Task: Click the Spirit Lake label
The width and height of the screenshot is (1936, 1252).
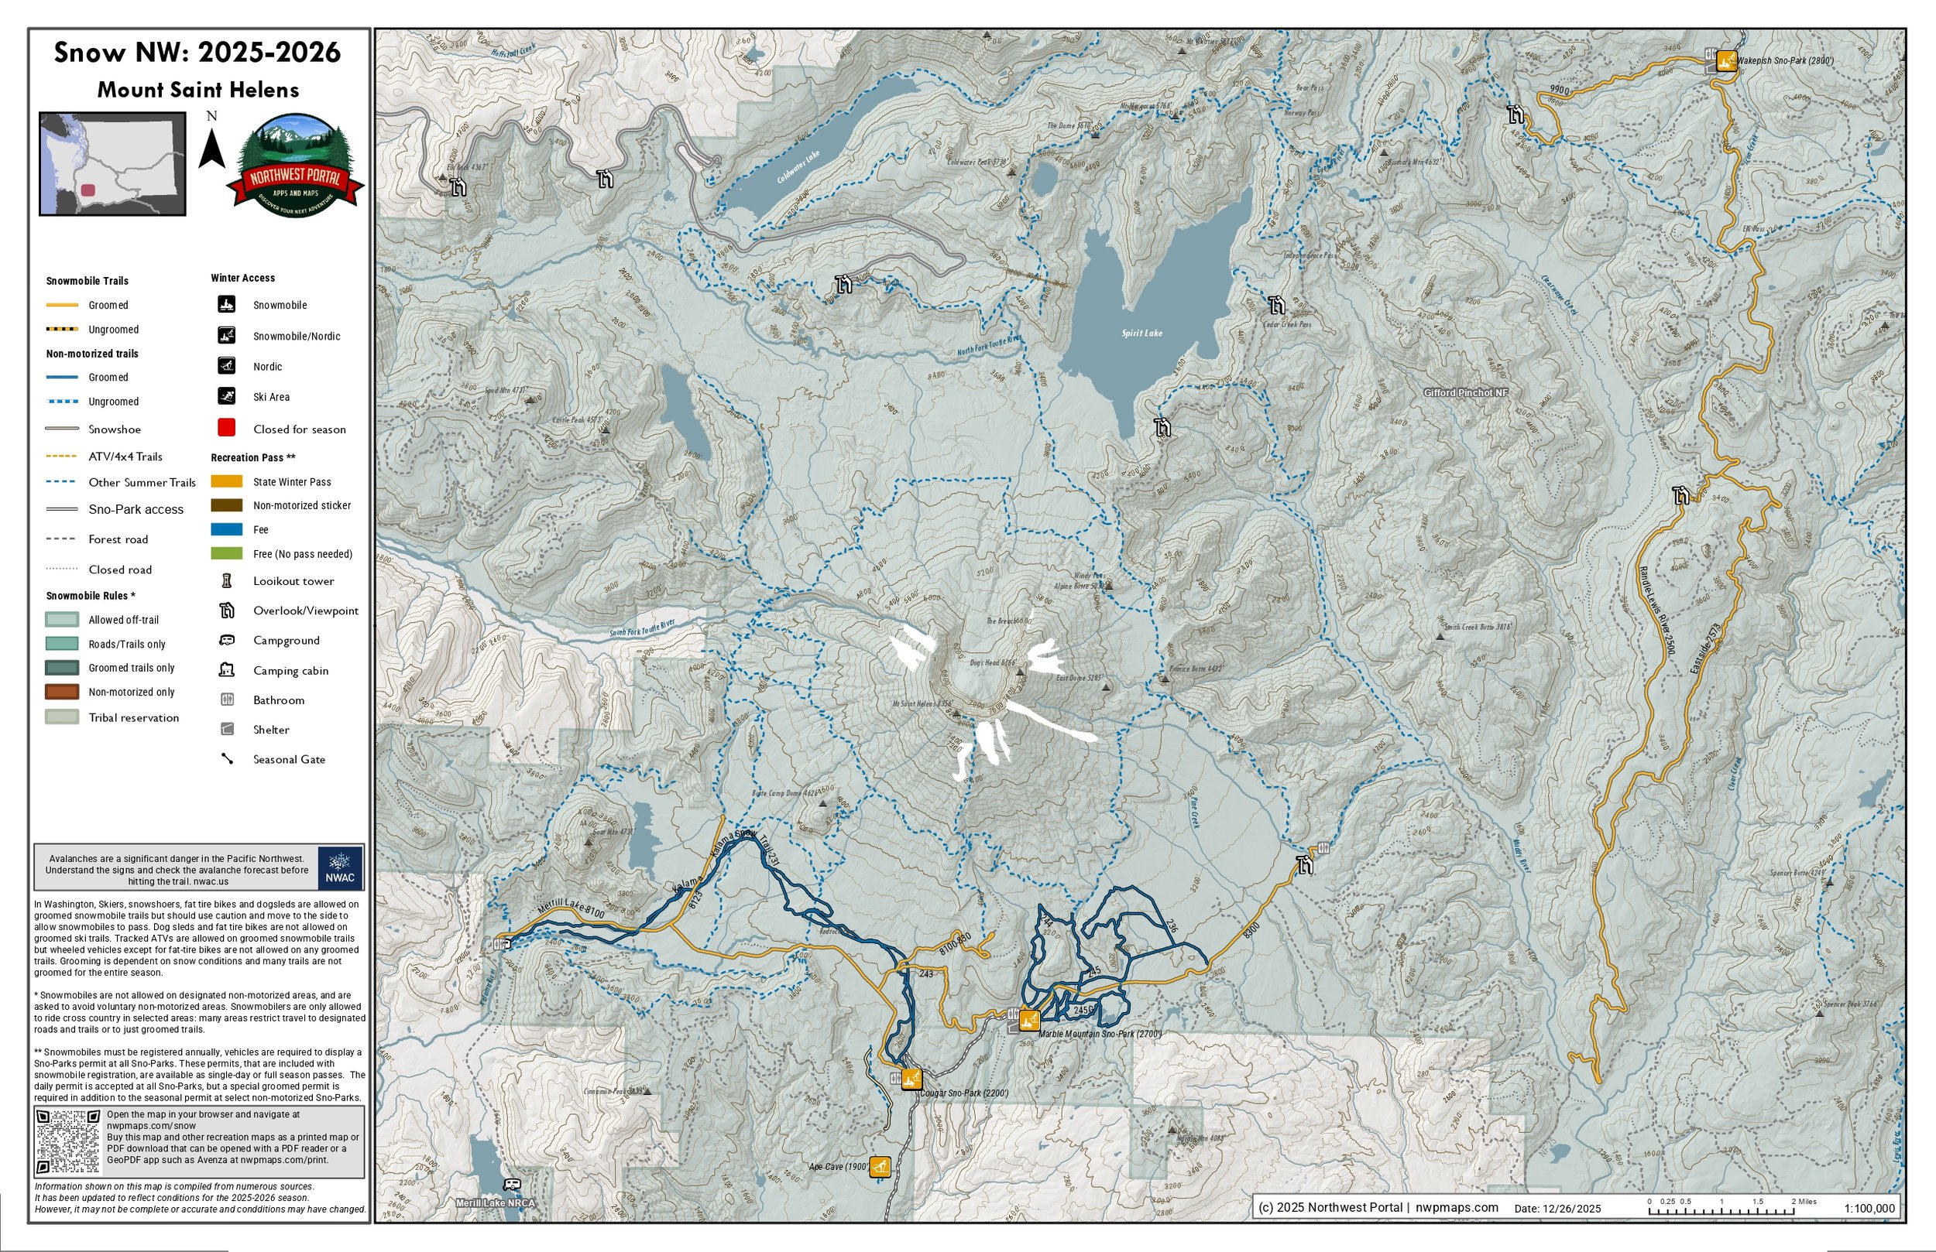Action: [1141, 334]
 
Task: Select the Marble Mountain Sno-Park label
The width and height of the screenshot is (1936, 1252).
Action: [1100, 1034]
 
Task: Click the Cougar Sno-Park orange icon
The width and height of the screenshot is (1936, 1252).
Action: [912, 1079]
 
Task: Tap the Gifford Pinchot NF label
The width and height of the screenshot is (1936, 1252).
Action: [1465, 392]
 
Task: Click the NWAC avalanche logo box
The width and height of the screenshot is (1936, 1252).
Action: [340, 867]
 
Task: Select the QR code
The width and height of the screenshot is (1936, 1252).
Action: [68, 1141]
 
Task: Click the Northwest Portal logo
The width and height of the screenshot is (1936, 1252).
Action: [294, 166]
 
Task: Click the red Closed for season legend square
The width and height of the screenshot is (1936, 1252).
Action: [227, 428]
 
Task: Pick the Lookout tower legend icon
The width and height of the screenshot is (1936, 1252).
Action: [227, 580]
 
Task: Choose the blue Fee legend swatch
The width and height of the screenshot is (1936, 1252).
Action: [227, 529]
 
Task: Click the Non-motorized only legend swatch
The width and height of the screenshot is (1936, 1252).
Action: [62, 692]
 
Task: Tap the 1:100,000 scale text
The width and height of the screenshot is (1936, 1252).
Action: [1869, 1208]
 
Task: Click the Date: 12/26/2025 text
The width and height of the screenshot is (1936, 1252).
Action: [1557, 1209]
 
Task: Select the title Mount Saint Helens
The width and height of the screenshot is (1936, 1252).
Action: [197, 90]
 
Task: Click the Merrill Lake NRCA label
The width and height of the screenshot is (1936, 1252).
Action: [496, 1203]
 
